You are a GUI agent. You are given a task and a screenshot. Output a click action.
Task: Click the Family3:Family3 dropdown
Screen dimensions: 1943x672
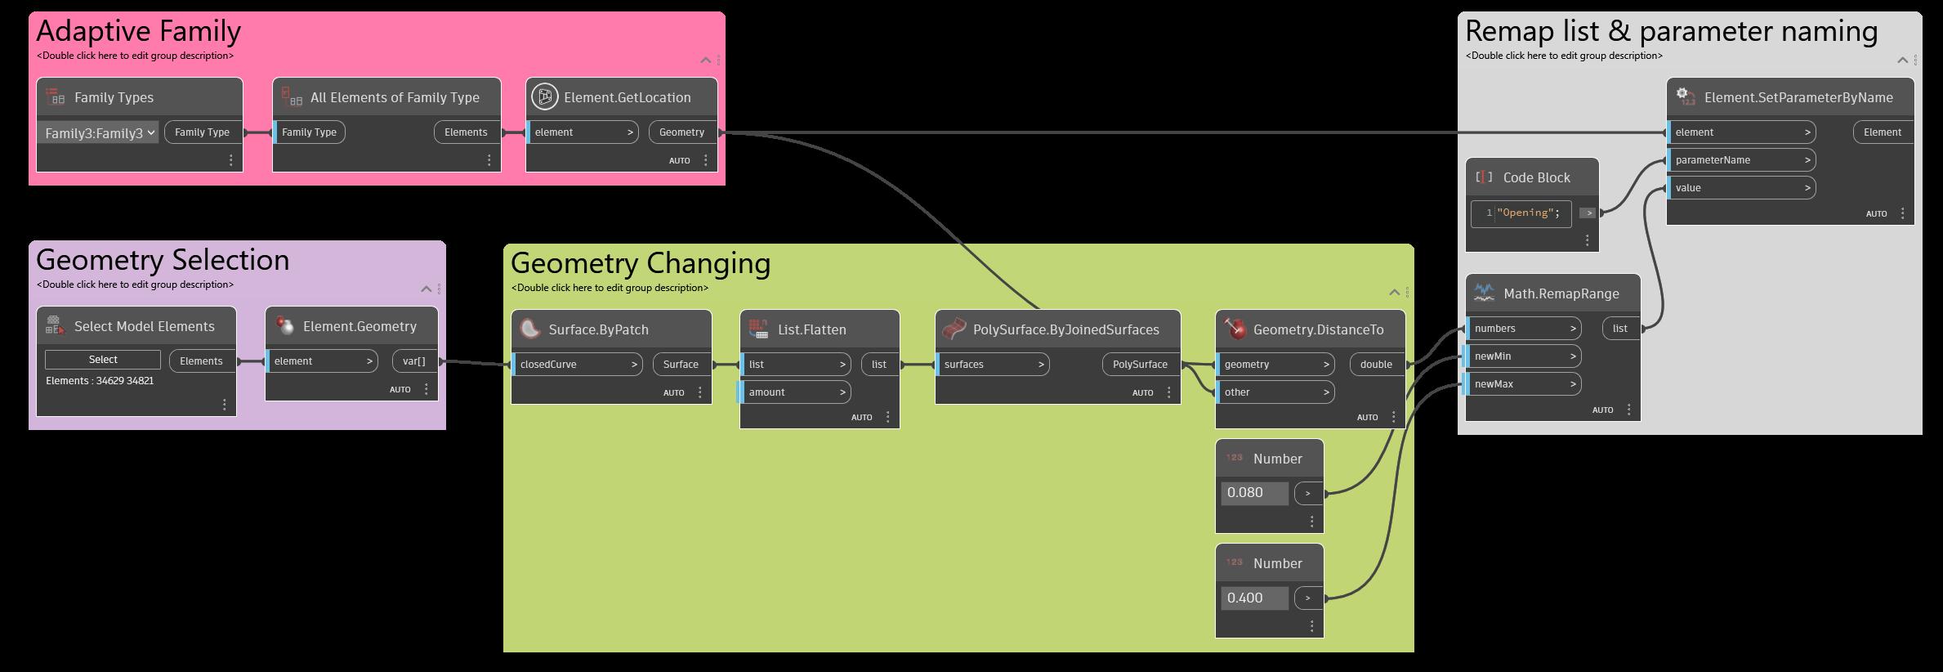pyautogui.click(x=99, y=132)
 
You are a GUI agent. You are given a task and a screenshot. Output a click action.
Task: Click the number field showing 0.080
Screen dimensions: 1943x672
pyautogui.click(x=1253, y=493)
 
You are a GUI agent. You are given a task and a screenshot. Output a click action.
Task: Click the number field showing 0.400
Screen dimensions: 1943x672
pyautogui.click(x=1253, y=598)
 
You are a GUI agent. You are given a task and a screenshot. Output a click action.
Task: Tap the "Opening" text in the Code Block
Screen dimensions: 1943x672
pyautogui.click(x=1525, y=213)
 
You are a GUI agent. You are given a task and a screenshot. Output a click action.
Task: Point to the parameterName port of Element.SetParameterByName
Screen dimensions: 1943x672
pyautogui.click(x=1740, y=160)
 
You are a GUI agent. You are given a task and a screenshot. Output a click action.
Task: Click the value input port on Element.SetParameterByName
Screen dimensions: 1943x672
pyautogui.click(x=1740, y=188)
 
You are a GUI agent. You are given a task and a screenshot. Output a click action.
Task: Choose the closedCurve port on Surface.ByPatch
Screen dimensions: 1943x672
pyautogui.click(x=577, y=365)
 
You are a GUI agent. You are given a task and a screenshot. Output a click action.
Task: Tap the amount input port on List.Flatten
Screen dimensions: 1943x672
pyautogui.click(x=794, y=392)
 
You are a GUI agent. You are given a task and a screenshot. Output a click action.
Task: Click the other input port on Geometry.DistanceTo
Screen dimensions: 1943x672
pyautogui.click(x=1275, y=392)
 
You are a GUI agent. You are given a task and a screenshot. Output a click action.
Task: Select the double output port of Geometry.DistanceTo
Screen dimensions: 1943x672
pyautogui.click(x=1377, y=365)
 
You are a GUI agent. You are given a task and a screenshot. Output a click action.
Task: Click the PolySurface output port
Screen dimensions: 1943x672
pyautogui.click(x=1140, y=365)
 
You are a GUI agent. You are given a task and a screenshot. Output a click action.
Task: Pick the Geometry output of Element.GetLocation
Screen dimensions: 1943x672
pyautogui.click(x=681, y=132)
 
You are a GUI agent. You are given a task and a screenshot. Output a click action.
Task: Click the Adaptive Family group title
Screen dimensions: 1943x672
pyautogui.click(x=139, y=31)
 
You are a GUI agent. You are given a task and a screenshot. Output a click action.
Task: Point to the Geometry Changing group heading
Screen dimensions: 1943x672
pyautogui.click(x=641, y=263)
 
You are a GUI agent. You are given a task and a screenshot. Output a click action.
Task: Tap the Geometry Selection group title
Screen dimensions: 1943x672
pyautogui.click(x=163, y=260)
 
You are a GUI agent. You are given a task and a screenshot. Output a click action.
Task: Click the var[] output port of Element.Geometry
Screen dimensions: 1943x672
pyautogui.click(x=414, y=361)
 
